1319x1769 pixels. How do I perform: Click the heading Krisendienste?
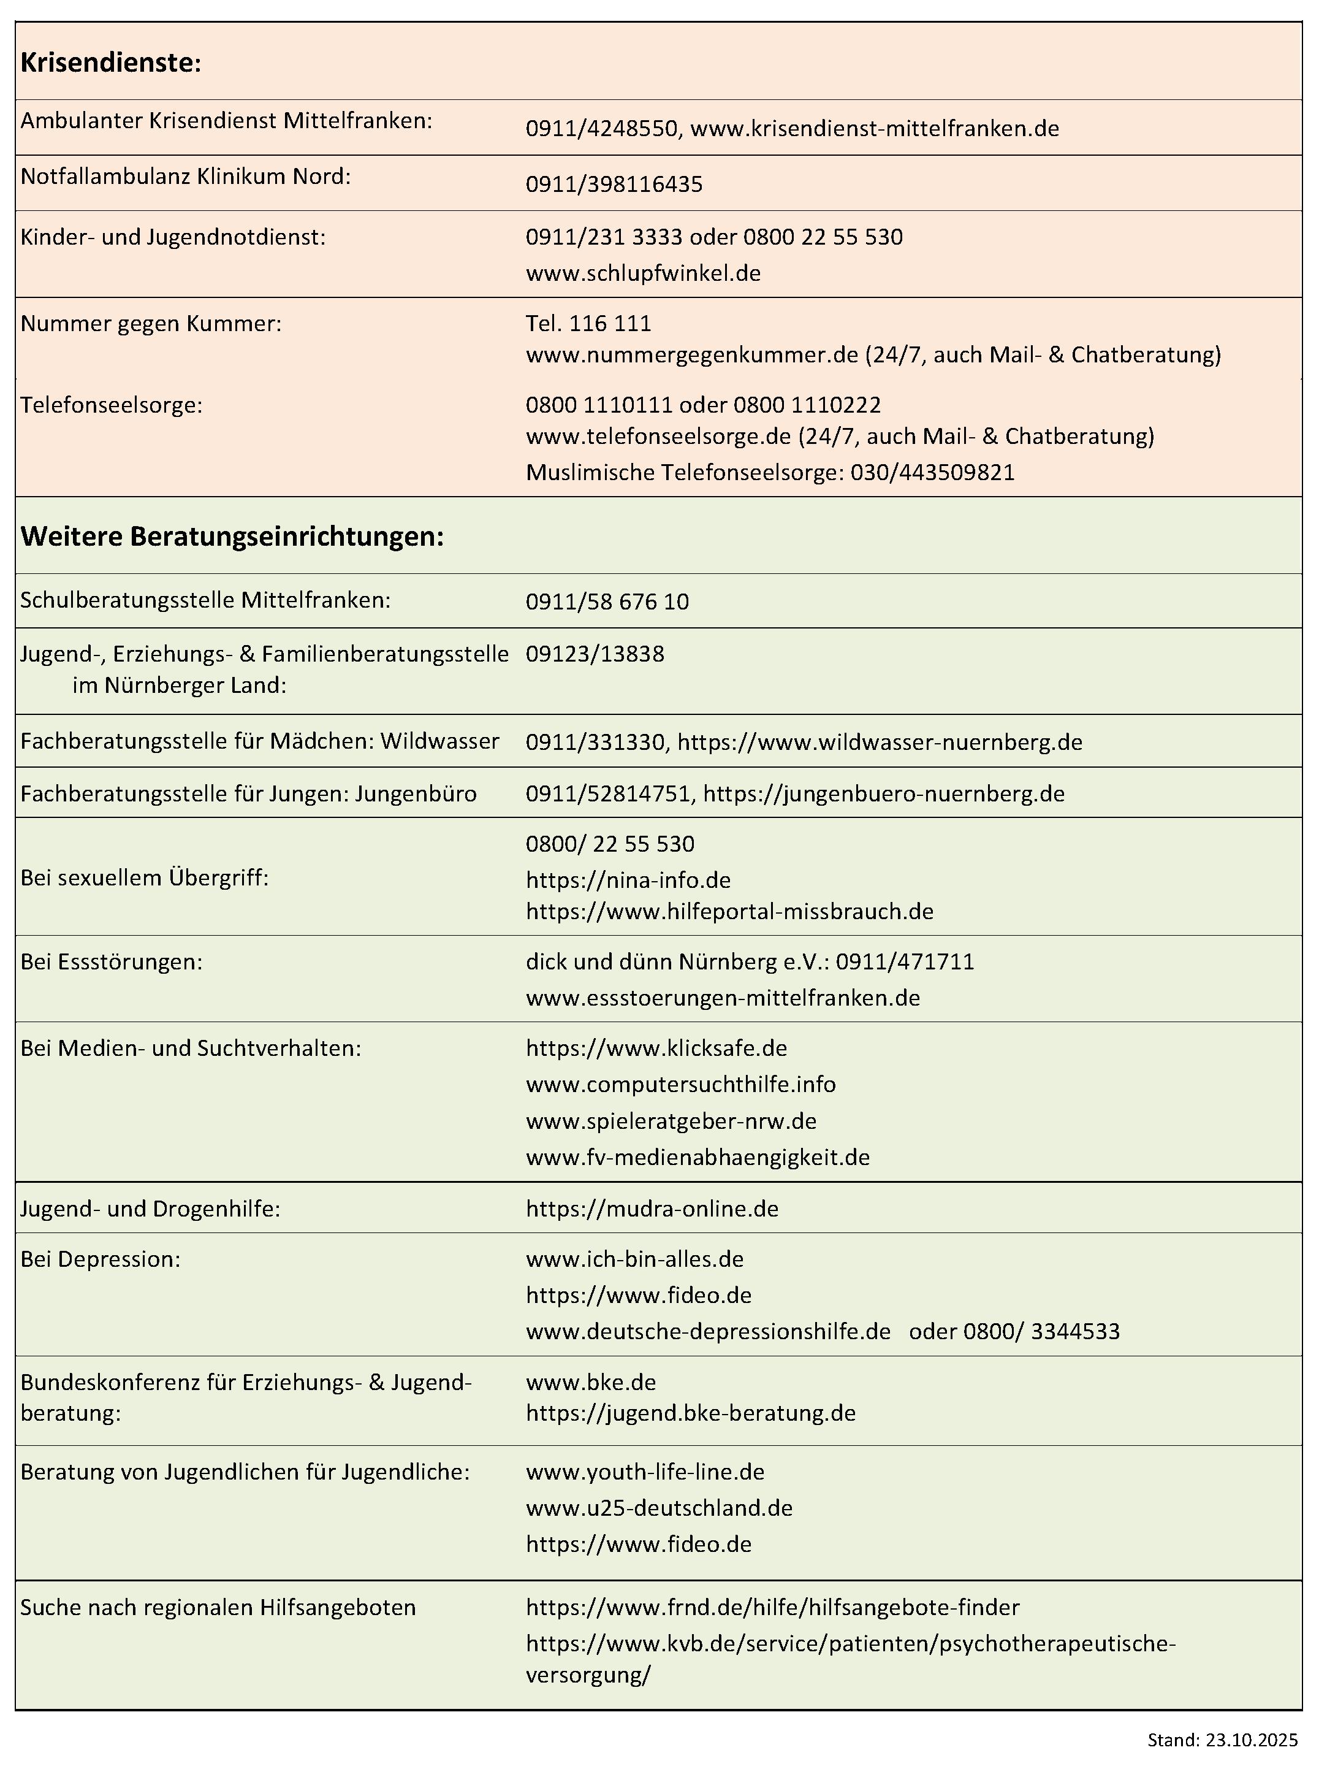(110, 63)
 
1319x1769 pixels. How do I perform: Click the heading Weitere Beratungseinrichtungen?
(232, 536)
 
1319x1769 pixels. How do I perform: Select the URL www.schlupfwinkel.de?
(643, 273)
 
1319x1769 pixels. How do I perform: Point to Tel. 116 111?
(588, 324)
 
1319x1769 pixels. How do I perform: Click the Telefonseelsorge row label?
(111, 405)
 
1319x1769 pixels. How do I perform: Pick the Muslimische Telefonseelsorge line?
(770, 472)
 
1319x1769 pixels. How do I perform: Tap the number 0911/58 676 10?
(607, 602)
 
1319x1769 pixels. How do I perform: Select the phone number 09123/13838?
(594, 654)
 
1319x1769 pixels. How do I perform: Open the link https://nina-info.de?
(628, 879)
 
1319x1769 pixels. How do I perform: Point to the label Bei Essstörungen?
(111, 961)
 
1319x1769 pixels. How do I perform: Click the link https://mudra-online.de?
(652, 1209)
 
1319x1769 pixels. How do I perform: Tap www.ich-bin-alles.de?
(634, 1259)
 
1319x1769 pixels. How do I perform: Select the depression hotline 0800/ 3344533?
(1041, 1331)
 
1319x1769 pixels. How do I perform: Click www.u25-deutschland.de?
(659, 1508)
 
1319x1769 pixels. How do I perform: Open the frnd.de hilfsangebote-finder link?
(772, 1607)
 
